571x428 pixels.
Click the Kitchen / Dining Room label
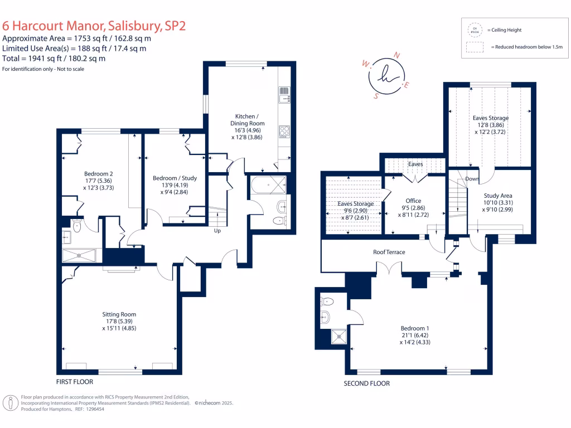[x=248, y=123]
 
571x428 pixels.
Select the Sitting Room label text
[x=119, y=314]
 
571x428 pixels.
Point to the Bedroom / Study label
[x=175, y=178]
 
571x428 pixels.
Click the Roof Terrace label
[x=389, y=252]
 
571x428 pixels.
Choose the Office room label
[x=413, y=201]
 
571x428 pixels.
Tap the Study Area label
[x=498, y=196]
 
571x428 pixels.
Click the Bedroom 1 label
[x=415, y=328]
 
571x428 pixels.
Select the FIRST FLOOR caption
[x=74, y=382]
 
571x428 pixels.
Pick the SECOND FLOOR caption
[x=366, y=383]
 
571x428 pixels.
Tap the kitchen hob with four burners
[x=283, y=132]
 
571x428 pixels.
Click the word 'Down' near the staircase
[x=472, y=179]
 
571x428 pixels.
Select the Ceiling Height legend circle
[x=475, y=29]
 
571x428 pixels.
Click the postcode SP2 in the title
[x=172, y=25]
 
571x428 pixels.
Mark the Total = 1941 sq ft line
[x=54, y=58]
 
